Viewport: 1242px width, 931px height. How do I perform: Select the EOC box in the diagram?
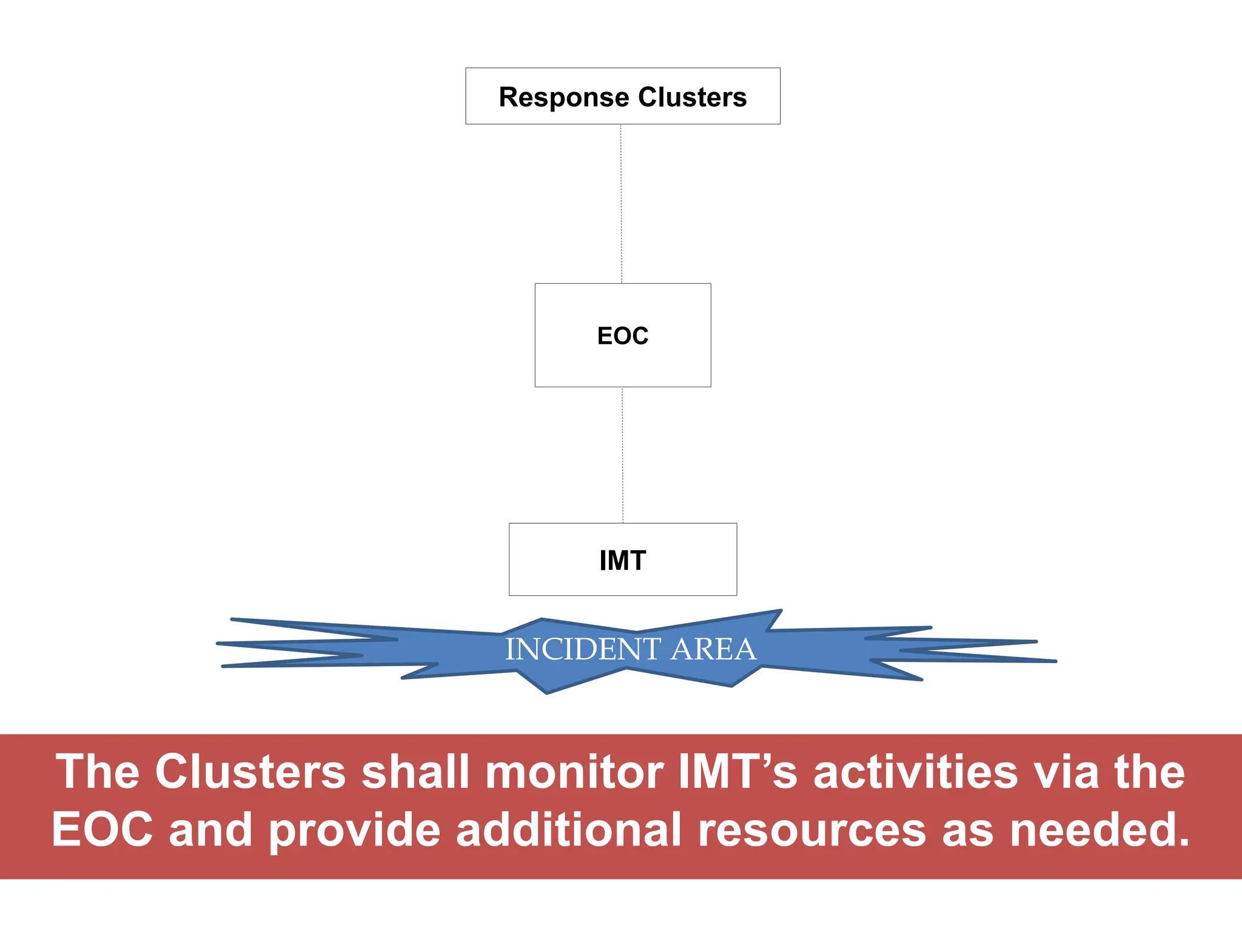point(623,335)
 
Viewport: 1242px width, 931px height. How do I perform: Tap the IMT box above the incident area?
point(623,559)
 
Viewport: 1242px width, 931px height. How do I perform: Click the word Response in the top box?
point(563,97)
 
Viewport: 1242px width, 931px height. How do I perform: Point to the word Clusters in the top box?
point(692,97)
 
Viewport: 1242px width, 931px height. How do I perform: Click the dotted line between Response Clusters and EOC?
point(621,204)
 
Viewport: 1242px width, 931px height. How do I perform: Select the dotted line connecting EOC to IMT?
point(622,455)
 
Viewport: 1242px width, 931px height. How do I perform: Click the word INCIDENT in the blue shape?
point(583,649)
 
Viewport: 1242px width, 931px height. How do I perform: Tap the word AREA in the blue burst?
point(713,649)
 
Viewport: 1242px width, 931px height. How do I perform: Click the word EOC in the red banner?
point(102,830)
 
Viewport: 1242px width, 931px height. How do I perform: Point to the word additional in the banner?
point(569,830)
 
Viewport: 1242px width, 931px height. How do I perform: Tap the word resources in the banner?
point(812,830)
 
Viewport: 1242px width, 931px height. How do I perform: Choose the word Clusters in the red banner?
point(250,772)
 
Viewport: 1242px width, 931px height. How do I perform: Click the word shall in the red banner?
point(416,772)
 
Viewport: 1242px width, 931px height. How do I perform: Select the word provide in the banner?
point(355,830)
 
